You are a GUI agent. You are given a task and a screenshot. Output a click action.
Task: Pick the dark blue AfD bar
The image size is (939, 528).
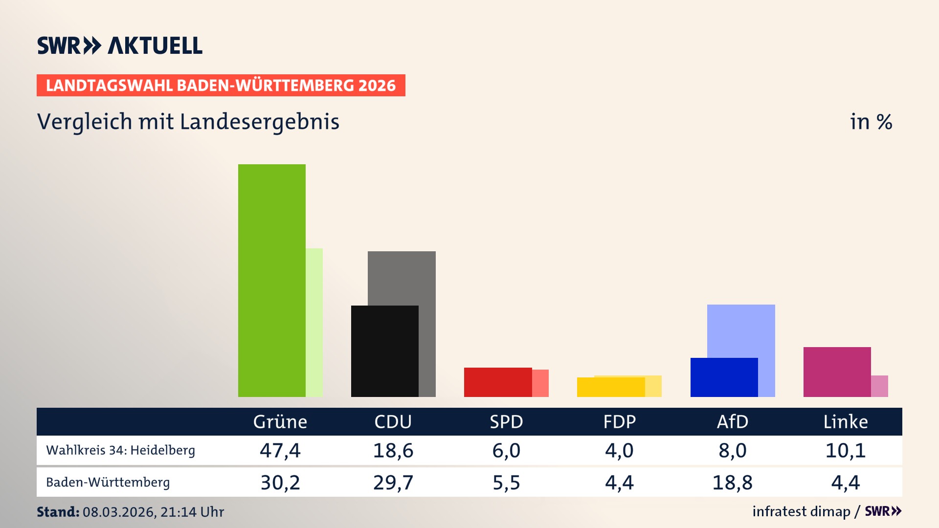[x=724, y=377]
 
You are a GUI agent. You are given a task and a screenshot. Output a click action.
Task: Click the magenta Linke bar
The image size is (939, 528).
[x=837, y=372]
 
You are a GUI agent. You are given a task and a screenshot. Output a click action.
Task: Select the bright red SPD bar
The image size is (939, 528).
[x=497, y=382]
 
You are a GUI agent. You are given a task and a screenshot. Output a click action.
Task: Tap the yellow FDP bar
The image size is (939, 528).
[x=610, y=387]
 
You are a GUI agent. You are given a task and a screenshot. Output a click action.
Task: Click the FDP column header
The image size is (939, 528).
[x=619, y=421]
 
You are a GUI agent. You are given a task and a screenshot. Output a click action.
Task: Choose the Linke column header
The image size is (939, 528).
[x=845, y=421]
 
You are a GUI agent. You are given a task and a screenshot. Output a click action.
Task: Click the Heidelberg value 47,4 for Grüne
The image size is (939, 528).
[x=280, y=450]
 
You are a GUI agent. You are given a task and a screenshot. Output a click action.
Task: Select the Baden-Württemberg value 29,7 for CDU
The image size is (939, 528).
[x=393, y=483]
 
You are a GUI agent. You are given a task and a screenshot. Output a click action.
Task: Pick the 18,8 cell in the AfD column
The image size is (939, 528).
[x=732, y=483]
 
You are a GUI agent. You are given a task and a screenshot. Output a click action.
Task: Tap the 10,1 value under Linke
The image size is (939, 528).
[x=845, y=450]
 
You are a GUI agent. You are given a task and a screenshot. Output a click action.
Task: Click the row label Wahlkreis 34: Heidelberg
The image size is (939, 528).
[x=120, y=450]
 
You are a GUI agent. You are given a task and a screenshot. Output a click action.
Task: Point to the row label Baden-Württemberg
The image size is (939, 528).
[x=108, y=483]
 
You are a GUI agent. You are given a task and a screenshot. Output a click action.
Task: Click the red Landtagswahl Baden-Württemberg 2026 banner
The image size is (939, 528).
[x=221, y=85]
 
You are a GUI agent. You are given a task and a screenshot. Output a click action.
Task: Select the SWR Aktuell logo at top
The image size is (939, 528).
[x=119, y=45]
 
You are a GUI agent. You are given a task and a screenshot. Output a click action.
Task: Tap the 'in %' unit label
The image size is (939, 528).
[x=871, y=122]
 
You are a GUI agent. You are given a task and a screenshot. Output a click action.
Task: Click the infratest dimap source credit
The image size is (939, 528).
[x=801, y=511]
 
